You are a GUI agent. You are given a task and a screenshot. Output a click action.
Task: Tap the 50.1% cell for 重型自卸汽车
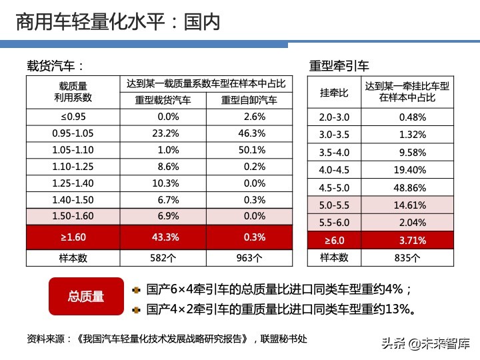(x=249, y=150)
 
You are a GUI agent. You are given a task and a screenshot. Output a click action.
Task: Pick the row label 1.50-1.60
(x=73, y=217)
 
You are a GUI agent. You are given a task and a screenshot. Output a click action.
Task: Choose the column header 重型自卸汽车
(x=249, y=101)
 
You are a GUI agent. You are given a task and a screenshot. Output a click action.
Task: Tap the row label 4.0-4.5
(x=334, y=170)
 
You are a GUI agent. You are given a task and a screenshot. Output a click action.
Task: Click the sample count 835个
(x=407, y=257)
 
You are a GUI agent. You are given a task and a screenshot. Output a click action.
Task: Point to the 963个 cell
(x=249, y=257)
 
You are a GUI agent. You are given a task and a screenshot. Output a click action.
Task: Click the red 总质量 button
(x=86, y=297)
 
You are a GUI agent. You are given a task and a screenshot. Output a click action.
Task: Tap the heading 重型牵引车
(x=339, y=67)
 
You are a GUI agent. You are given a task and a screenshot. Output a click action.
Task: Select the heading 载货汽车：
(x=56, y=66)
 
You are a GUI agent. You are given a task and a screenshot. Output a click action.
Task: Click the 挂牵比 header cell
(x=334, y=92)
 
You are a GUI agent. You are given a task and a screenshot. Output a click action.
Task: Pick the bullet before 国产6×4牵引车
(x=136, y=290)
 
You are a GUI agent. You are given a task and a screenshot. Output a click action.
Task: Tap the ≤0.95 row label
(x=73, y=116)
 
